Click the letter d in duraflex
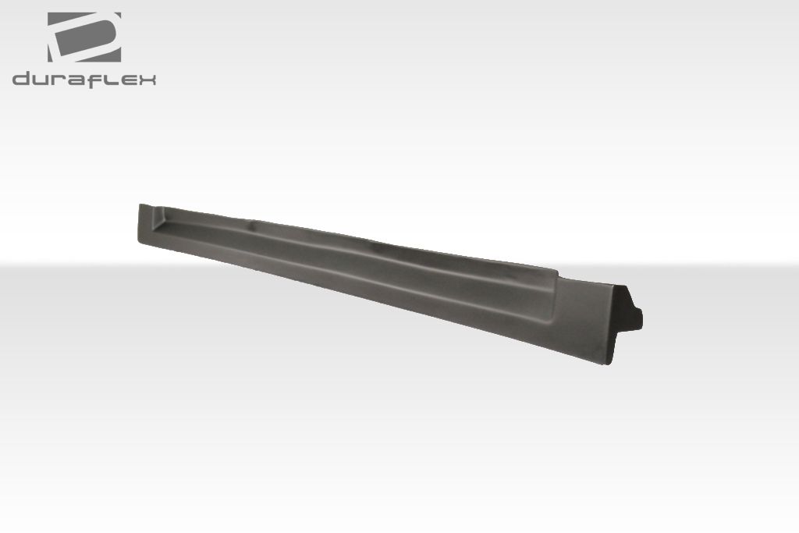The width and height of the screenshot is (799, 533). click(21, 78)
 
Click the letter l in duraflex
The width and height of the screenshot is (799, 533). click(111, 78)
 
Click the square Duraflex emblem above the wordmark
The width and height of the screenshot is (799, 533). click(83, 37)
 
